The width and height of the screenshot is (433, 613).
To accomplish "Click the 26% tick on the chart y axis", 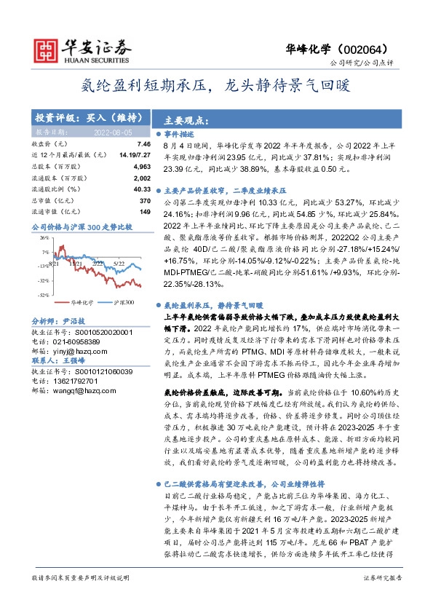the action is pos(44,238).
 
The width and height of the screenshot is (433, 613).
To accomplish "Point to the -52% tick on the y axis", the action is pos(44,295).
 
